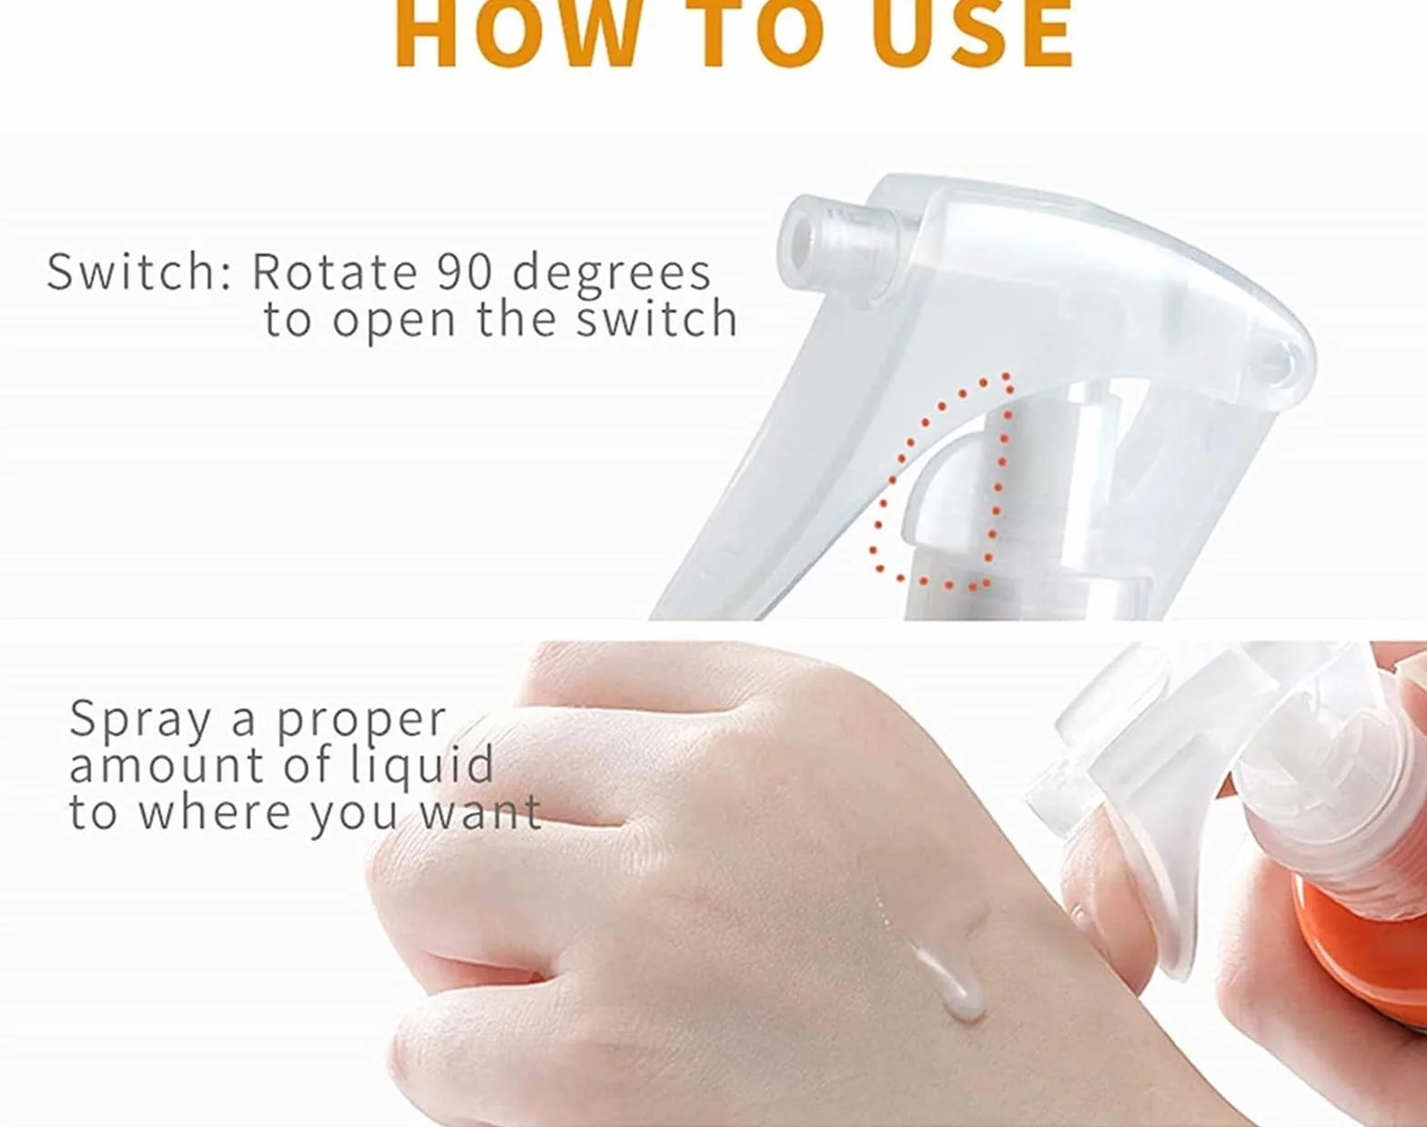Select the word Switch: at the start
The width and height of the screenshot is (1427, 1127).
click(x=139, y=271)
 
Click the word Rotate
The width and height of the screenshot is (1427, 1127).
click(x=336, y=272)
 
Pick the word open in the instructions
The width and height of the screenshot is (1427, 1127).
click(x=394, y=323)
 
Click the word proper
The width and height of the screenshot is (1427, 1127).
click(x=362, y=725)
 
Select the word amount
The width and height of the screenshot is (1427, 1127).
click(x=167, y=766)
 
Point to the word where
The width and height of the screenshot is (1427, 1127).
click(x=215, y=812)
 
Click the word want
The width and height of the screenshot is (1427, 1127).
click(x=481, y=813)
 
